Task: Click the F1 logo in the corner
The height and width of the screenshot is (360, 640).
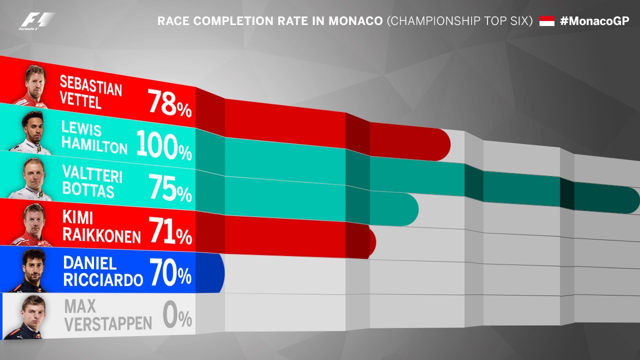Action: (36, 21)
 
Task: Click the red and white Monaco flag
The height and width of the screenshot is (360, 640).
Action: (546, 21)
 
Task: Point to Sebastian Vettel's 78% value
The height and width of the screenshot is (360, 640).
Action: (169, 104)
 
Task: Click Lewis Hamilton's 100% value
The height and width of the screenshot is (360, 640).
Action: (163, 145)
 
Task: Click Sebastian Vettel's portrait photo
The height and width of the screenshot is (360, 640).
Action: (34, 85)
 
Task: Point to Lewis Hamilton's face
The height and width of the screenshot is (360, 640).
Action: (34, 127)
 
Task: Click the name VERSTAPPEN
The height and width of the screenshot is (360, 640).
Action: (108, 323)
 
